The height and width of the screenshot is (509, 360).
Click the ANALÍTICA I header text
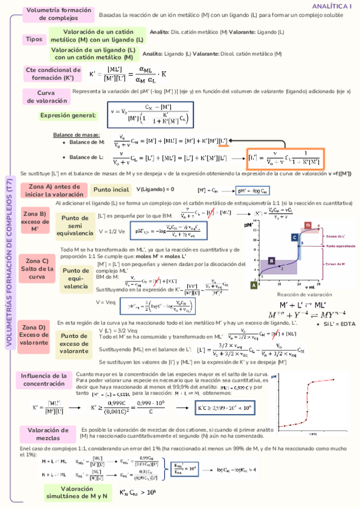pyautogui.click(x=331, y=5)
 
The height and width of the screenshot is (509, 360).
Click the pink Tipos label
pyautogui.click(x=33, y=39)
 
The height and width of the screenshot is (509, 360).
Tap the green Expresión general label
pyautogui.click(x=68, y=115)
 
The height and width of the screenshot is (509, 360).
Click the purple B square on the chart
pyautogui.click(x=272, y=261)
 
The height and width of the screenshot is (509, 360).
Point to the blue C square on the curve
pyautogui.click(x=295, y=238)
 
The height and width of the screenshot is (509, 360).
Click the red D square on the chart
pyautogui.click(x=307, y=225)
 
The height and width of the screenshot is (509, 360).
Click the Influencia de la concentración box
pyautogui.click(x=43, y=379)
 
